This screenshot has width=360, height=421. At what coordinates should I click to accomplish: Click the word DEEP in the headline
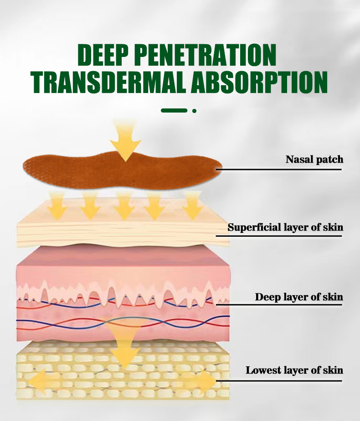pyautogui.click(x=104, y=56)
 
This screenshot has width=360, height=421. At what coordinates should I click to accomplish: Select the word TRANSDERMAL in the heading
pyautogui.click(x=103, y=82)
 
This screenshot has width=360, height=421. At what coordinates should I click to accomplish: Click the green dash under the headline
pyautogui.click(x=174, y=110)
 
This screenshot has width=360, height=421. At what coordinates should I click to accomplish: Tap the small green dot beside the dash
pyautogui.click(x=194, y=110)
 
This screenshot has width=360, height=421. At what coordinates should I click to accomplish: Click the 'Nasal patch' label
pyautogui.click(x=314, y=159)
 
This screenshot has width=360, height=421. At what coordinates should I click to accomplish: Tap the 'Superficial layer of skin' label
pyautogui.click(x=285, y=227)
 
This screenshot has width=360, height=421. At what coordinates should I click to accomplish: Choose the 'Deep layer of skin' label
pyautogui.click(x=298, y=297)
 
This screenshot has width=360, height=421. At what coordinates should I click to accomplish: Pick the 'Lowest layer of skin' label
pyautogui.click(x=294, y=370)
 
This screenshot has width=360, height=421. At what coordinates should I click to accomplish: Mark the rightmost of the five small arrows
pyautogui.click(x=192, y=208)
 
